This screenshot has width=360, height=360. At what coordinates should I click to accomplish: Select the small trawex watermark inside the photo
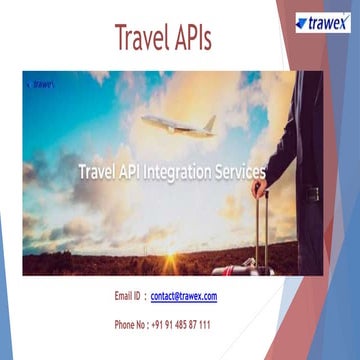point(41,85)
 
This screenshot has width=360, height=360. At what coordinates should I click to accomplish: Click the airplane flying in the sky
point(178,125)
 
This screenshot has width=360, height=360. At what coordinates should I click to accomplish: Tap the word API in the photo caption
point(132,171)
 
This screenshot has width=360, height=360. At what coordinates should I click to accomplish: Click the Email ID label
point(128,297)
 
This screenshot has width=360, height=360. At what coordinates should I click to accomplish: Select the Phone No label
point(131,325)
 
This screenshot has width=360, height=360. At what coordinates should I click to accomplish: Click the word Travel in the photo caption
point(98,171)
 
